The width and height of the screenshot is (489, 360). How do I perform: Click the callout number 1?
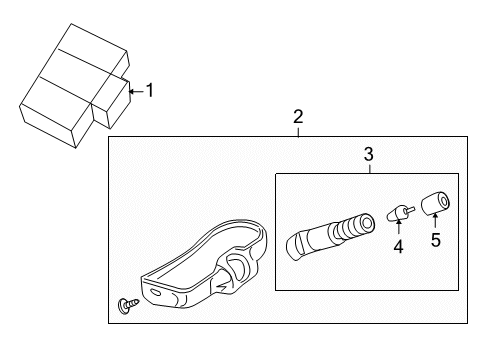[x=150, y=91]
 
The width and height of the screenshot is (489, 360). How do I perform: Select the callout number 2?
[x=298, y=118]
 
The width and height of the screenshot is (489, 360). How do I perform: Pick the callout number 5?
[x=435, y=239]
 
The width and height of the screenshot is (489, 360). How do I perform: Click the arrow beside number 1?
[x=135, y=91]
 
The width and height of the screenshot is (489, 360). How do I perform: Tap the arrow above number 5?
[x=435, y=221]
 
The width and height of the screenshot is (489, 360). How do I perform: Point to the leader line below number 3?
[x=368, y=167]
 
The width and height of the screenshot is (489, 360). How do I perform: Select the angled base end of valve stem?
[x=296, y=244]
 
